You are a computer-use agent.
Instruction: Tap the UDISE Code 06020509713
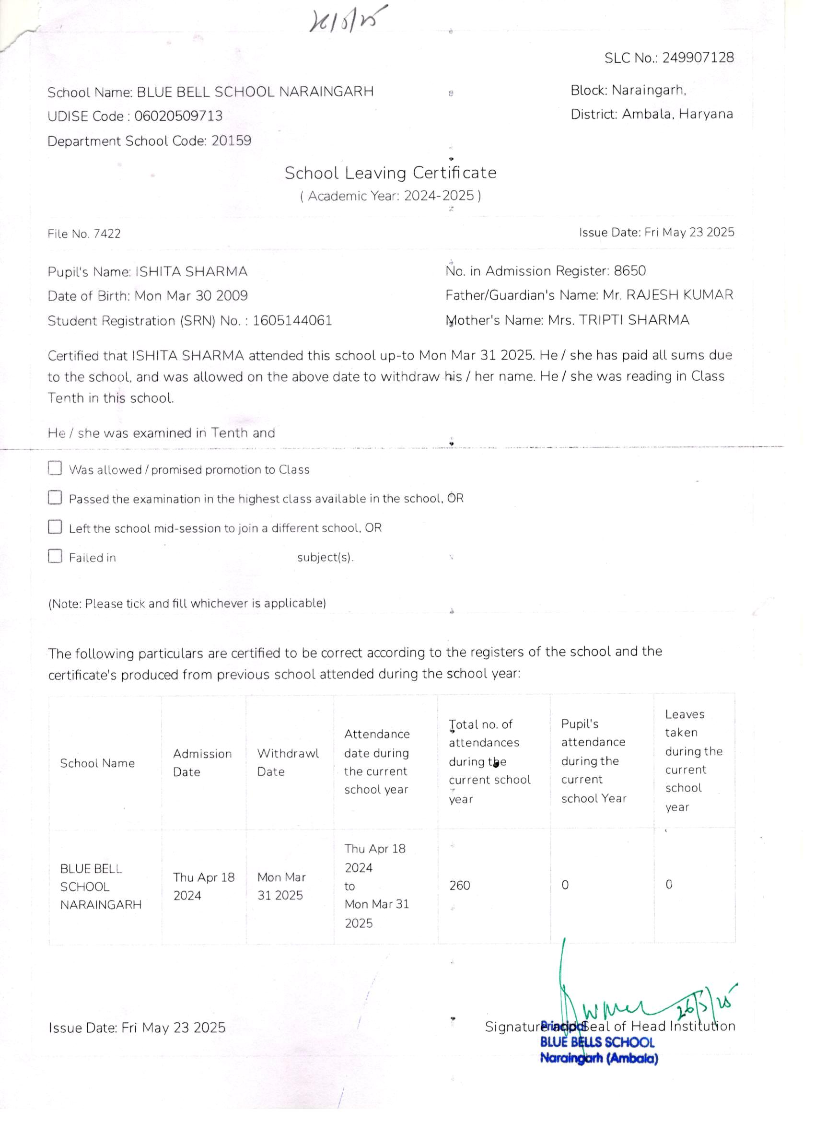click(178, 116)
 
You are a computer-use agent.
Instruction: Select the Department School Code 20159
click(231, 141)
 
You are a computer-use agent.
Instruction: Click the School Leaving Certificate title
click(390, 173)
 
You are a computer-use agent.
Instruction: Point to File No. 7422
click(84, 234)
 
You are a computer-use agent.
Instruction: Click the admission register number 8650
click(629, 271)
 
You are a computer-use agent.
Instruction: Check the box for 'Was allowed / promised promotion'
click(55, 468)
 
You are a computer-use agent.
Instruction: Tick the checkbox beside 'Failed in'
click(55, 556)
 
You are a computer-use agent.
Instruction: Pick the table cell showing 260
click(459, 885)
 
